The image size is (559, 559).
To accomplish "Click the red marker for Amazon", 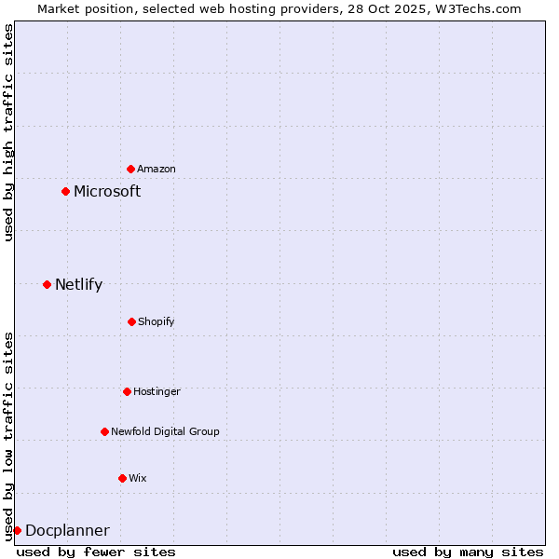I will coord(130,169).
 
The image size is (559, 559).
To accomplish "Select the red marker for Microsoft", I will coord(65,191).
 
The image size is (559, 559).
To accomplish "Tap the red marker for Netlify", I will coord(47,284).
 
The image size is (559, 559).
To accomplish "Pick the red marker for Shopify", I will coord(131,321).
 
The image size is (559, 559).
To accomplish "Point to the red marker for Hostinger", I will coord(127,391).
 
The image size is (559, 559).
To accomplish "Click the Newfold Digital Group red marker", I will coord(104,431).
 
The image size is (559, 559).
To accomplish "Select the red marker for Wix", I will coord(122,478).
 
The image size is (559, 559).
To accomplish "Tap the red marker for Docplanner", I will coord(17,530).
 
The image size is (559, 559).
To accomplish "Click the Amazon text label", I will coord(157,169).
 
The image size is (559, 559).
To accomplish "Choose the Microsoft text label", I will coord(107,191).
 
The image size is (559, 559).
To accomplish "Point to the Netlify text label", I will coord(78,284).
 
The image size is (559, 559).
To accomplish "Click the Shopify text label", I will coord(157,321).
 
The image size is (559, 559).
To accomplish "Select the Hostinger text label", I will coord(157,391).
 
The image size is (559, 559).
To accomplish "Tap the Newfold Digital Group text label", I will coord(165,431).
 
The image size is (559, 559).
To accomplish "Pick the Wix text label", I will coord(138,478).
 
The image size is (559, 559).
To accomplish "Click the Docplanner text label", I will coord(67,530).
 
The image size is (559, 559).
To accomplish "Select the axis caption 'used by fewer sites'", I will coord(96,552).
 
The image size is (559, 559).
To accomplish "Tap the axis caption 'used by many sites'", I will coord(468,552).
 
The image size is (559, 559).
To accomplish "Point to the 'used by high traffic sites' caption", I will coord(8,132).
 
